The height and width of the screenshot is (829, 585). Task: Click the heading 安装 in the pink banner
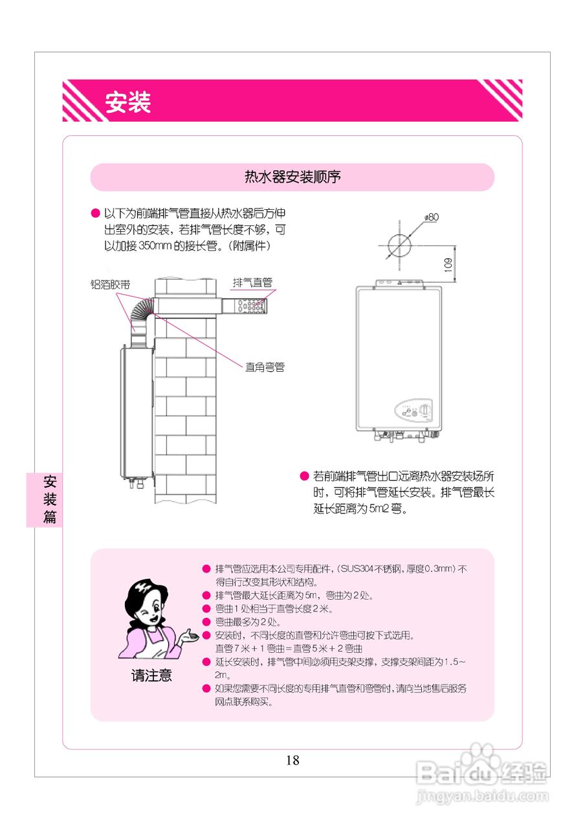coord(128,102)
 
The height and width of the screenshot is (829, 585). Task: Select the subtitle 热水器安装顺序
coord(292,177)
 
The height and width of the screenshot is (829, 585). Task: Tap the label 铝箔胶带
coord(110,284)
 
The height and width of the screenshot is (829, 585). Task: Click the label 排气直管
coord(252,282)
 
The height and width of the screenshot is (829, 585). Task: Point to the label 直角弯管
coord(265,367)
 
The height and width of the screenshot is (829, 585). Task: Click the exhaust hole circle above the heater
coord(399,246)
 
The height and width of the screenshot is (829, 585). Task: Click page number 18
coord(292,760)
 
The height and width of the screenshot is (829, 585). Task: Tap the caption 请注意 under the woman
coord(151,676)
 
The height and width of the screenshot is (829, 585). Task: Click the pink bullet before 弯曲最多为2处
coord(206,622)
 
